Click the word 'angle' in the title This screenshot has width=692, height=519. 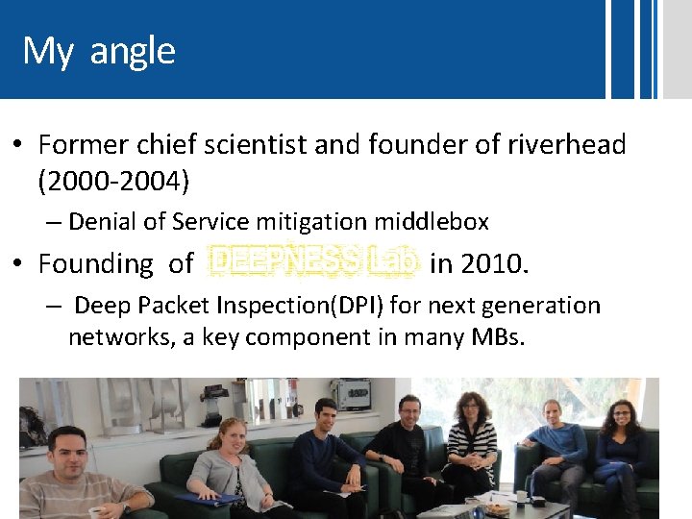[133, 51]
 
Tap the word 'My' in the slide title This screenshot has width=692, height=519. [48, 51]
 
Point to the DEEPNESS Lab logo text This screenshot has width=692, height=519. [314, 262]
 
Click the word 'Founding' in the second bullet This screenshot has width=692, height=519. [96, 262]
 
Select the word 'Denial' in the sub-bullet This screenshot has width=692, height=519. [103, 222]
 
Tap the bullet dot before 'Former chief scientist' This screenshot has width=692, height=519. [18, 146]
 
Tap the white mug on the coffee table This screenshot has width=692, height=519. [521, 498]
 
